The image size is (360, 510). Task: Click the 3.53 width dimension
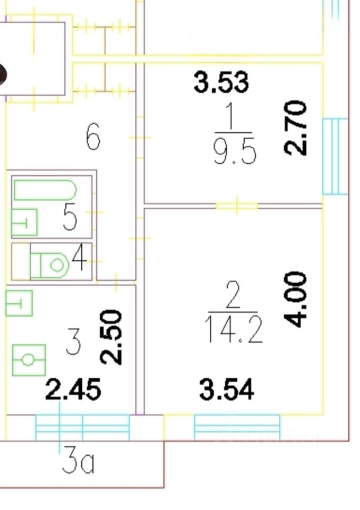tap(221, 83)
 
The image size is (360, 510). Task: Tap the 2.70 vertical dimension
tap(296, 127)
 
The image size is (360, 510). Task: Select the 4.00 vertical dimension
tap(296, 300)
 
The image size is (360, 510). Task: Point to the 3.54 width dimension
tap(227, 389)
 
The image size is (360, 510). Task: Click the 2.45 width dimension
tap(73, 390)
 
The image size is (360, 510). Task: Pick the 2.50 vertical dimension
tap(112, 337)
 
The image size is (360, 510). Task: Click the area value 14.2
tap(234, 333)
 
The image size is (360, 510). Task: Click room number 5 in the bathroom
tap(70, 217)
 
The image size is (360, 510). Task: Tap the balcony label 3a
tap(78, 462)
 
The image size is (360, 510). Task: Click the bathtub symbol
tap(45, 190)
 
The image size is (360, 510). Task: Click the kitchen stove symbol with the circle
tap(28, 360)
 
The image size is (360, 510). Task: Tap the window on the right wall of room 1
tap(335, 156)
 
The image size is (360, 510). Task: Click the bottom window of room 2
tap(237, 427)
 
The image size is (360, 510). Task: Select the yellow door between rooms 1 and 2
tap(237, 205)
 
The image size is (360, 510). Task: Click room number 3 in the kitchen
tap(73, 342)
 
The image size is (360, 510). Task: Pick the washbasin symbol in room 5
tap(24, 223)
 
